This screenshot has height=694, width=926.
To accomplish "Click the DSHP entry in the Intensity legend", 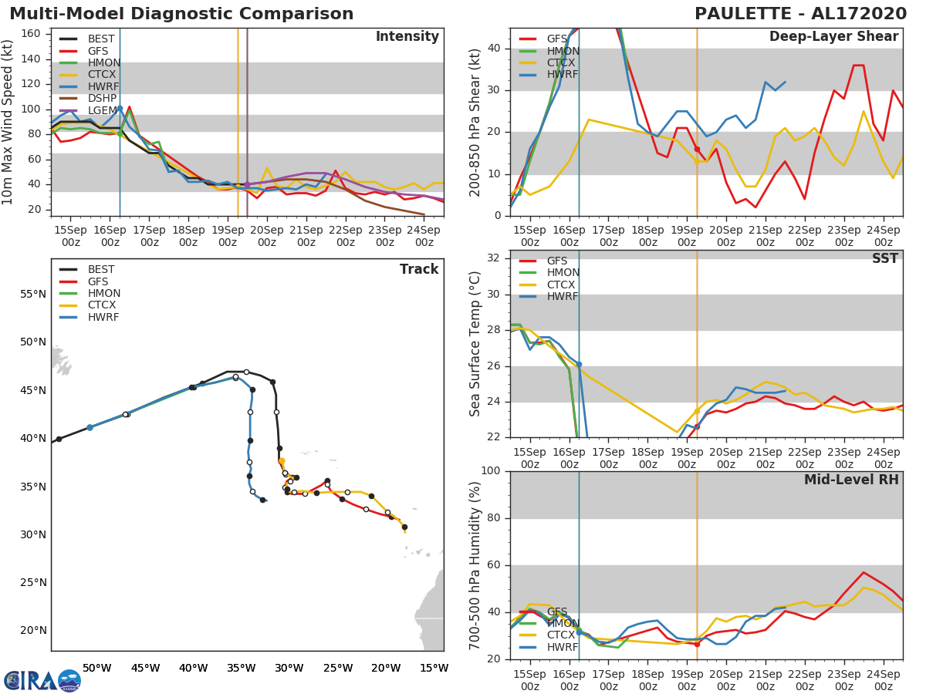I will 100,99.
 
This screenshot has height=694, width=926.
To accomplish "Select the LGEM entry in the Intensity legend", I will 100,111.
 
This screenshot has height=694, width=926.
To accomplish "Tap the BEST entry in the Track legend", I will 101,270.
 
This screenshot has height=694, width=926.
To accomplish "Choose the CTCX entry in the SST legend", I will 561,285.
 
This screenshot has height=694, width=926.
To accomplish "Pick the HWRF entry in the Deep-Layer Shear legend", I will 561,75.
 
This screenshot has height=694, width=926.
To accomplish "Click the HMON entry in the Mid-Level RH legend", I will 563,623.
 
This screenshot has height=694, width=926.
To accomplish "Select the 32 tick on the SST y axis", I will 494,258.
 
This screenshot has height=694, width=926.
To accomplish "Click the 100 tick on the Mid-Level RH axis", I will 491,471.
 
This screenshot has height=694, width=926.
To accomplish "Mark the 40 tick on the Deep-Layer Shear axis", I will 494,49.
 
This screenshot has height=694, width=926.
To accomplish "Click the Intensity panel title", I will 407,37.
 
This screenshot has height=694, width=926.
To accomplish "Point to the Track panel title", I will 418,269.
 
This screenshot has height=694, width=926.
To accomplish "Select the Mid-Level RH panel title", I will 850,480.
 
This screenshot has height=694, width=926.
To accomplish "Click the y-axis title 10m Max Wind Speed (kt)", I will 8,123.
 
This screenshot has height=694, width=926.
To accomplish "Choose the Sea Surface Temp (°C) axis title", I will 475,344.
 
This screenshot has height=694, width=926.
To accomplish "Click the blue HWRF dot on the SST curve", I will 579,364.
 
